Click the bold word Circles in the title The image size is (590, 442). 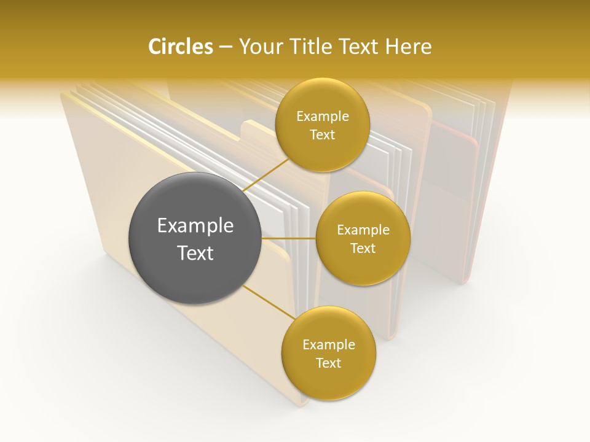[x=180, y=47]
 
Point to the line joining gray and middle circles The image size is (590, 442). [x=288, y=238]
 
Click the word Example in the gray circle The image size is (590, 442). [x=195, y=226]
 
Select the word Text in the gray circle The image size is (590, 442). [x=195, y=252]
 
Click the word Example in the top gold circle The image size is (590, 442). [x=323, y=117]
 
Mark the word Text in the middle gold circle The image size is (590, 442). [x=363, y=248]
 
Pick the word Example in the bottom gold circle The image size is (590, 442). [x=328, y=345]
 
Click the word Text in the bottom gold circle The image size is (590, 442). [x=328, y=363]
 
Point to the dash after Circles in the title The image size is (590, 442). [x=225, y=47]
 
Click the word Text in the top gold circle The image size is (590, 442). [x=323, y=135]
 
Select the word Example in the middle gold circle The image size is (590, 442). [x=363, y=230]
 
